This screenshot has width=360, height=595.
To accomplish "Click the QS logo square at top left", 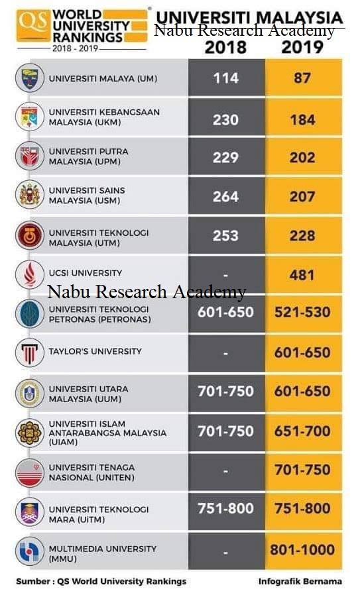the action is pyautogui.click(x=33, y=25).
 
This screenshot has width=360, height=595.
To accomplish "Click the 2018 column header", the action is pyautogui.click(x=225, y=48).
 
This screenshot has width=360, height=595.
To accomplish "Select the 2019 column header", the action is pyautogui.click(x=302, y=48).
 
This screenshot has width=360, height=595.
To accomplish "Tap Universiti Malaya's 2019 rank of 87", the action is pyautogui.click(x=302, y=78).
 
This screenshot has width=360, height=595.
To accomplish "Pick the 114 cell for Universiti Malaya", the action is pyautogui.click(x=226, y=78).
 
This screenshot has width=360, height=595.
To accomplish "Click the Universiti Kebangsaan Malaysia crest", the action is pyautogui.click(x=30, y=117).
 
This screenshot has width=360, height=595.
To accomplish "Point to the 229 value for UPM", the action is pyautogui.click(x=225, y=158).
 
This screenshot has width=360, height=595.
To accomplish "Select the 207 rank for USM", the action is pyautogui.click(x=302, y=197).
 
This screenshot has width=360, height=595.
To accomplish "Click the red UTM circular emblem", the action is pyautogui.click(x=30, y=236).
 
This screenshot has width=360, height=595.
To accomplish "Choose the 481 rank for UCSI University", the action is pyautogui.click(x=302, y=275).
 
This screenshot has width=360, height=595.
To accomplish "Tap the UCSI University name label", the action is pyautogui.click(x=86, y=273).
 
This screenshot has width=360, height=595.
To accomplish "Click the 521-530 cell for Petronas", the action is pyautogui.click(x=302, y=312).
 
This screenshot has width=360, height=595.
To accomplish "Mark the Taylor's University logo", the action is pyautogui.click(x=30, y=352).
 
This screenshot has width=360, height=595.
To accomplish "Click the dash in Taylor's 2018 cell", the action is pyautogui.click(x=225, y=354).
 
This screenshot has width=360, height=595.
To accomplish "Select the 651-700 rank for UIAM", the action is pyautogui.click(x=302, y=431).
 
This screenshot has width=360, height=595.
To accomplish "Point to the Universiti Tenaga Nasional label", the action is pyautogui.click(x=91, y=472).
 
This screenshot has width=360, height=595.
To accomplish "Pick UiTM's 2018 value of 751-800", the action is pyautogui.click(x=225, y=508).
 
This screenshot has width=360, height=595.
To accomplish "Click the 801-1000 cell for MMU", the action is pyautogui.click(x=302, y=549).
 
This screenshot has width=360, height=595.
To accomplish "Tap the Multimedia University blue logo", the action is pyautogui.click(x=30, y=551).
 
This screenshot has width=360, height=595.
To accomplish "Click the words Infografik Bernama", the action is pyautogui.click(x=300, y=581).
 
